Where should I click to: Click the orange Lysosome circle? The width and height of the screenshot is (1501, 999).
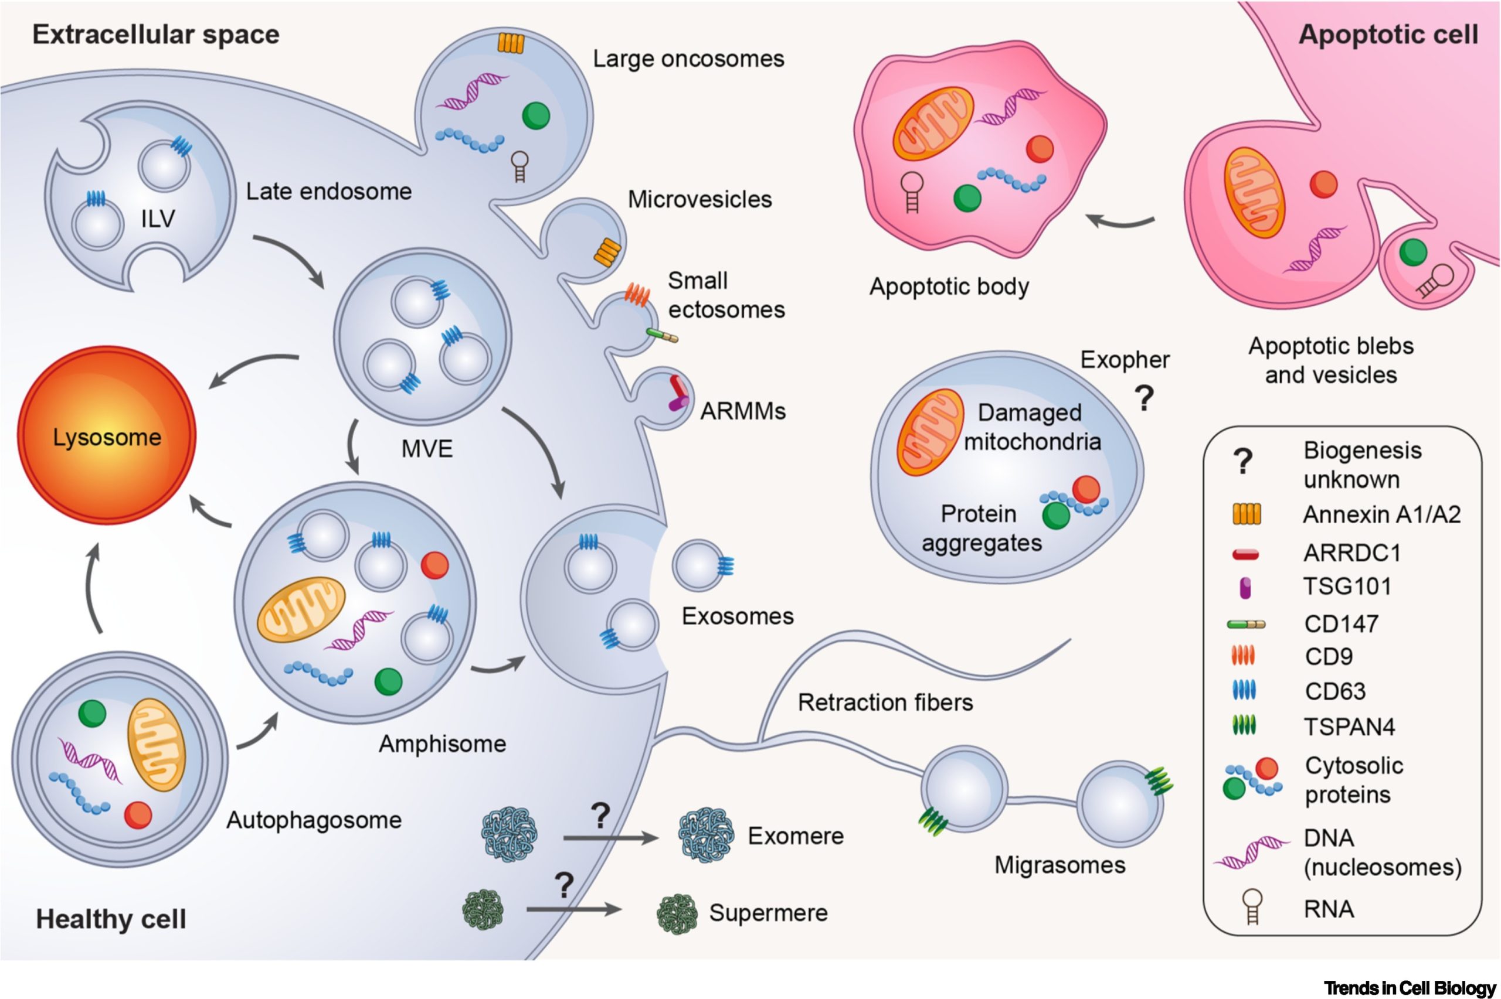pyautogui.click(x=107, y=435)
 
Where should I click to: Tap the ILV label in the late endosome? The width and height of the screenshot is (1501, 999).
pyautogui.click(x=158, y=219)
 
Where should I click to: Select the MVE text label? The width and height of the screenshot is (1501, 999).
pyautogui.click(x=426, y=449)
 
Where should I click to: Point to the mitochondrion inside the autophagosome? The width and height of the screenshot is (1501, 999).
pyautogui.click(x=156, y=744)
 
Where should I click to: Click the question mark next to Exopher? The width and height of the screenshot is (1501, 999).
pyautogui.click(x=1144, y=398)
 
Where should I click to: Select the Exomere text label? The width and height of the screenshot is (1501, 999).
pyautogui.click(x=796, y=836)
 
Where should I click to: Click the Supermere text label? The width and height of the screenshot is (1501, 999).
pyautogui.click(x=768, y=913)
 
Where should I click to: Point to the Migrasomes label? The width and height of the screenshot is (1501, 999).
pyautogui.click(x=1059, y=865)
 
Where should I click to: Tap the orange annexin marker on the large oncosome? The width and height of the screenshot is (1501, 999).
pyautogui.click(x=511, y=43)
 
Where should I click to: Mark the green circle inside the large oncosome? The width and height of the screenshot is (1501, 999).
pyautogui.click(x=535, y=116)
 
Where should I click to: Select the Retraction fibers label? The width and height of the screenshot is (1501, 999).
pyautogui.click(x=885, y=702)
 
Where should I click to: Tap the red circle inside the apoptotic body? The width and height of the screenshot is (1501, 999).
pyautogui.click(x=1040, y=149)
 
